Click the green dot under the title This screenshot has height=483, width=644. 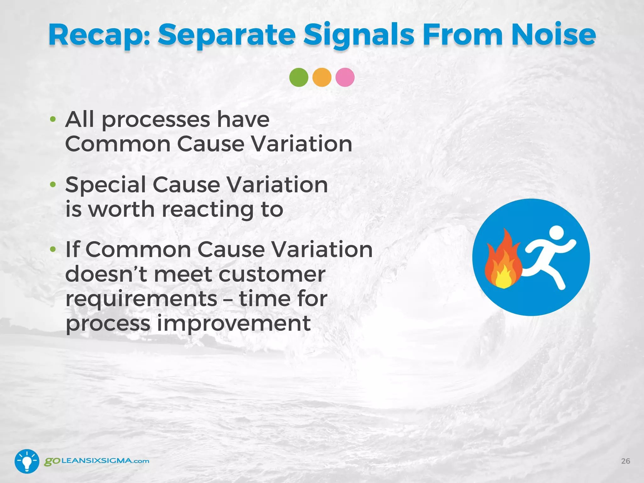coord(299,77)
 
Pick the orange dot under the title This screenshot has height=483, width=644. coord(322,77)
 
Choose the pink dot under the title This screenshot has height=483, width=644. coord(345,77)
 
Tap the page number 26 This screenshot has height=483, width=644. coord(625,461)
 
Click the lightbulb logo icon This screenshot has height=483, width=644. coord(27,461)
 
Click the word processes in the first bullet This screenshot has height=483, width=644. coord(156,120)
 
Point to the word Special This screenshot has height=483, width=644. coord(106,185)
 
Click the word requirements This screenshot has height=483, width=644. coord(141,299)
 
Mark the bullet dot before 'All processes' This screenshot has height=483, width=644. coord(53,119)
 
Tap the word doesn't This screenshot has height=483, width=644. coord(106,274)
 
